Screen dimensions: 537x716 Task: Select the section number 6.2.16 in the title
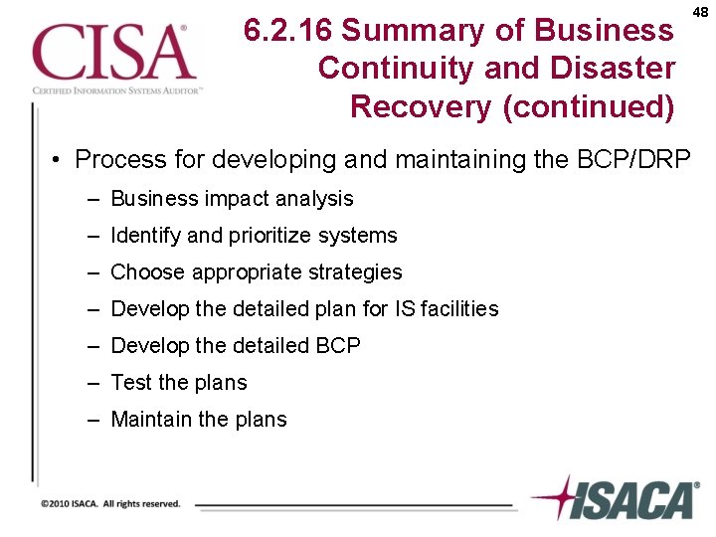click(x=287, y=31)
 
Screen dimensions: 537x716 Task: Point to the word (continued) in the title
click(x=589, y=105)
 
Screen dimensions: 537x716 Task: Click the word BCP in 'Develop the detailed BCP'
click(x=338, y=346)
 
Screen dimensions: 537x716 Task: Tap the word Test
click(x=130, y=383)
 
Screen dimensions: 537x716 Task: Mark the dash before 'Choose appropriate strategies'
click(x=91, y=272)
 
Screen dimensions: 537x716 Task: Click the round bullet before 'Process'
click(x=60, y=160)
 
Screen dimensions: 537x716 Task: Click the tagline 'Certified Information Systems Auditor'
click(x=117, y=89)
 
